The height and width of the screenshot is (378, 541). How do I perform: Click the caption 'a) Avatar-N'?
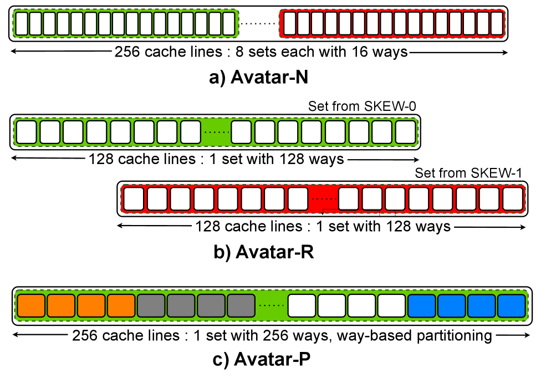point(259,78)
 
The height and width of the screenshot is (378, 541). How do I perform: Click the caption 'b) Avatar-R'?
point(264,252)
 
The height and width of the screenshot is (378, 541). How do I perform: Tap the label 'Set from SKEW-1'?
point(468,173)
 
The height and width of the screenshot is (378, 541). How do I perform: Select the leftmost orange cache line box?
point(32,305)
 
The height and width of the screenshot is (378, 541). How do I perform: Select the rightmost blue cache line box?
point(511,305)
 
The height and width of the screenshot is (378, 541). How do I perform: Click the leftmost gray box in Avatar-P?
point(151,305)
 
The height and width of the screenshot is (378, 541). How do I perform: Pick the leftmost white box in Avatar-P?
point(302,305)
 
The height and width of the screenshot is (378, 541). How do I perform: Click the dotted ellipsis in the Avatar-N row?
point(258,24)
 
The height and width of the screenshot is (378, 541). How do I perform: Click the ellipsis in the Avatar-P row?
point(271,305)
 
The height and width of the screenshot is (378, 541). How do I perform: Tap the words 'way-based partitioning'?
point(431,336)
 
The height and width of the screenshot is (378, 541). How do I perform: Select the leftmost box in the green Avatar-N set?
point(22,24)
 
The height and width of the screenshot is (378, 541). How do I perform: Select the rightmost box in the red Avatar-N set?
point(497,24)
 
